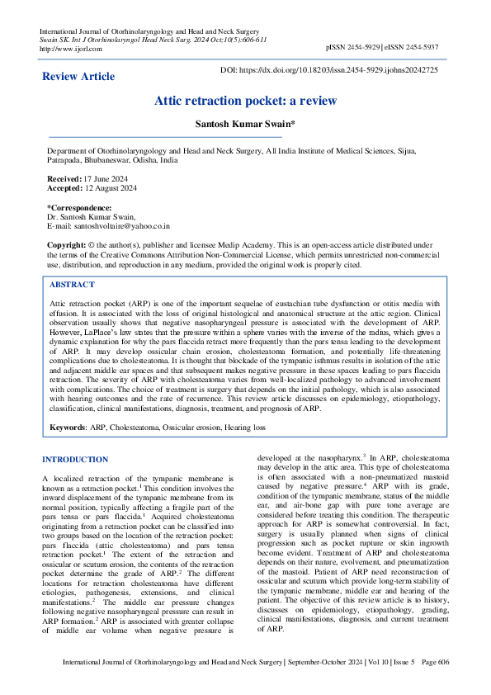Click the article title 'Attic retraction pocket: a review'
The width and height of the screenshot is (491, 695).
pos(245,101)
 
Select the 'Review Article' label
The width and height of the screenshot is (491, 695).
pos(78,77)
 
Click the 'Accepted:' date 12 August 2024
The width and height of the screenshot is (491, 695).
pos(112,187)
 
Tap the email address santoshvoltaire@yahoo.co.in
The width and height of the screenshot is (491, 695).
pos(122,225)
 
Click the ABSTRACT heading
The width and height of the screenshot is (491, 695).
pos(72,284)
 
